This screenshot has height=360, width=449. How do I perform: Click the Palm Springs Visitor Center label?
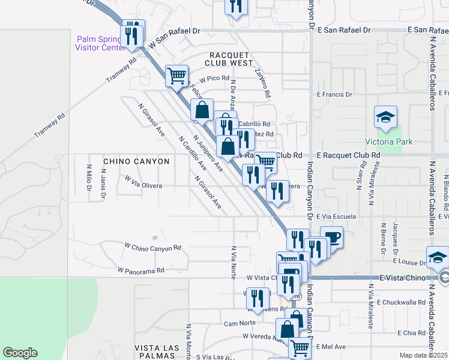click(99, 44)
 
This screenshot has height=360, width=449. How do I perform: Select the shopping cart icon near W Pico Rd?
click(177, 76)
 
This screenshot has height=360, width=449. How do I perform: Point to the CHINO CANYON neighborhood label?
click(136, 161)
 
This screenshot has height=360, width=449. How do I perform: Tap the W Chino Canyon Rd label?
click(152, 247)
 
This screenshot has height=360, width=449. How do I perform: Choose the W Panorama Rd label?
click(141, 271)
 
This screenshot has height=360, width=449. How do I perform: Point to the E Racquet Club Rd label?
click(349, 155)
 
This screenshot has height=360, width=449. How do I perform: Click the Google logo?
click(20, 353)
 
